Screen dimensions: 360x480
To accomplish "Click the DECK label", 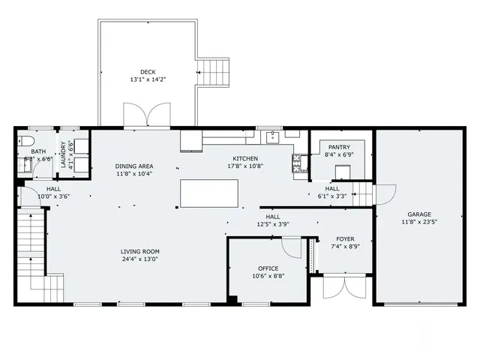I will pyautogui.click(x=147, y=72).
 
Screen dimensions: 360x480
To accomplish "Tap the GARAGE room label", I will pyautogui.click(x=419, y=214).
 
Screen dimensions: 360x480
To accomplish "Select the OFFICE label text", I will pyautogui.click(x=268, y=268).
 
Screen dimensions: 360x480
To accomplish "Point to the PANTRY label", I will pyautogui.click(x=339, y=148).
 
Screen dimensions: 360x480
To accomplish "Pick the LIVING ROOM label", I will pyautogui.click(x=140, y=251).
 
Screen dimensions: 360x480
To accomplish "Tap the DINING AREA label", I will pyautogui.click(x=134, y=166).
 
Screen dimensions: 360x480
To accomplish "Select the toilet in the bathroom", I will pyautogui.click(x=25, y=142).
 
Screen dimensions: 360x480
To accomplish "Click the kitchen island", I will pyautogui.click(x=209, y=193).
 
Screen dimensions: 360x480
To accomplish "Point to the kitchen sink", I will pyautogui.click(x=271, y=136).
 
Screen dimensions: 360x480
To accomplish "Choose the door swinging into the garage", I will pyautogui.click(x=385, y=194).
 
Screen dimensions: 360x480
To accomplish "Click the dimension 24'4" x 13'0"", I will pyautogui.click(x=140, y=259).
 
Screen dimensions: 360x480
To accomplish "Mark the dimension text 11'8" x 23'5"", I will pyautogui.click(x=419, y=222).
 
